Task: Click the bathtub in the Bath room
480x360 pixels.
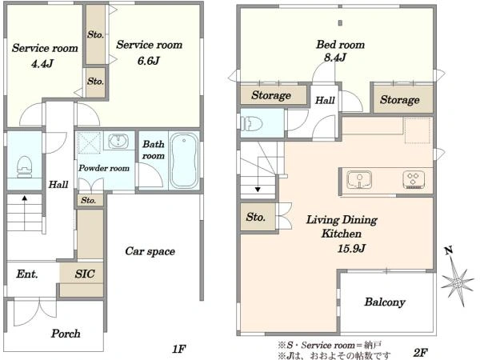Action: tap(184, 161)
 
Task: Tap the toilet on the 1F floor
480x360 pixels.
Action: tap(25, 167)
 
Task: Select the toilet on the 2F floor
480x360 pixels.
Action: tap(252, 124)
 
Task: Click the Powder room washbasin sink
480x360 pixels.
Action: tap(118, 141)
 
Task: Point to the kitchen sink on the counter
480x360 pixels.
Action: tap(359, 179)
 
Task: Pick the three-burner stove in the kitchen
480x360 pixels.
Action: tap(414, 180)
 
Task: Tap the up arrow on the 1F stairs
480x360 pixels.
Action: tap(25, 198)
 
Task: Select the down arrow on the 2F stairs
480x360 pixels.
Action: tap(258, 190)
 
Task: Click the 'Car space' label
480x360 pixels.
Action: tap(150, 251)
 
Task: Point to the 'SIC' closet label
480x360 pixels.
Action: tap(85, 274)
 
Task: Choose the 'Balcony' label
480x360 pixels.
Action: tap(385, 302)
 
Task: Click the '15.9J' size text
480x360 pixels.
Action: tap(351, 248)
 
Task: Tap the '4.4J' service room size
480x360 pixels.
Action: tap(42, 64)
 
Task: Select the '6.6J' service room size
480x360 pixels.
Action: tap(148, 61)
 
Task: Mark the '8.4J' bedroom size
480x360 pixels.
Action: tap(335, 57)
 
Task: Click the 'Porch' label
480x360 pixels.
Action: tap(66, 334)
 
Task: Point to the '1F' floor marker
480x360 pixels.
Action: tap(179, 349)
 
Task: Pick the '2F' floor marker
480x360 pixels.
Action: tap(420, 352)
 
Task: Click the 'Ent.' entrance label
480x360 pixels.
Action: tap(27, 274)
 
